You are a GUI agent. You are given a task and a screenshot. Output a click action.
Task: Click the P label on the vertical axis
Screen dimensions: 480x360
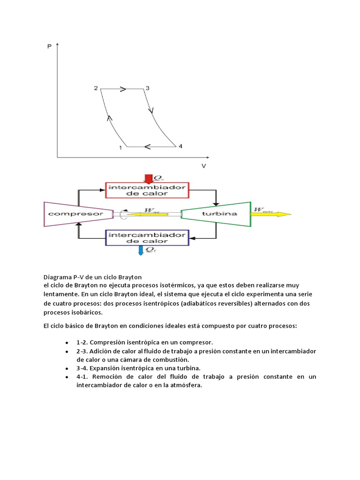pos(50,47)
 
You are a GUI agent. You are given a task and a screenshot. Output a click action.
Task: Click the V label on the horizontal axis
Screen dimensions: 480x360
pos(204,166)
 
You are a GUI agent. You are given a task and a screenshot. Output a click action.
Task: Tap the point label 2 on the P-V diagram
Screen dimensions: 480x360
pos(96,88)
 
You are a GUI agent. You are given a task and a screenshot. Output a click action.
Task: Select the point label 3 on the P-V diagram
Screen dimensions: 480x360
pos(147,88)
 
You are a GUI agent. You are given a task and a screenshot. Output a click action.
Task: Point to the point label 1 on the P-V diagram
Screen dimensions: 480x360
pos(120,148)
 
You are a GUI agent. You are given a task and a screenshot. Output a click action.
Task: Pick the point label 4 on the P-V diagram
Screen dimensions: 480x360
pos(180,146)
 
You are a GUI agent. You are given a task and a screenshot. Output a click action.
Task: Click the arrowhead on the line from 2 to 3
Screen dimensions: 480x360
pos(123,89)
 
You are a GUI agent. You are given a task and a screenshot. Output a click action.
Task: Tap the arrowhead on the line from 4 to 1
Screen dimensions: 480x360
pos(148,147)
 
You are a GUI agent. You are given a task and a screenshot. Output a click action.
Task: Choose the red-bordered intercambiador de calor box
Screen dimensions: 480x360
pos(147,190)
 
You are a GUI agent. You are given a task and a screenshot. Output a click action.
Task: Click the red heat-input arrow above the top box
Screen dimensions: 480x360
pos(149,179)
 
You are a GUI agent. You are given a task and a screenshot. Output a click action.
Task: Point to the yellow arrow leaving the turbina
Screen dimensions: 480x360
pos(272,214)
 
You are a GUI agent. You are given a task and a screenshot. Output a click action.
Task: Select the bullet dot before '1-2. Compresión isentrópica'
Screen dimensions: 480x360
pos(67,343)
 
